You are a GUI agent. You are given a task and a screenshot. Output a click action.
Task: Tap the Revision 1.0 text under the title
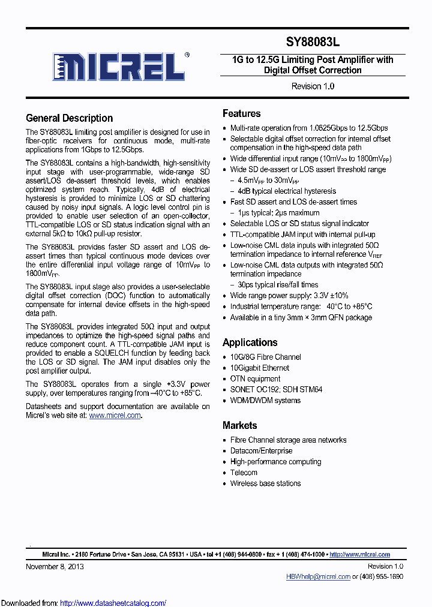point(313,86)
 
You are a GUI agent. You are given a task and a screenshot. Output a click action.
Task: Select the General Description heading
point(70,118)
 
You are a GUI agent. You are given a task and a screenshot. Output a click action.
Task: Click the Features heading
point(242,113)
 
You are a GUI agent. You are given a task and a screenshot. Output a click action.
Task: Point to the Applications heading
point(250,342)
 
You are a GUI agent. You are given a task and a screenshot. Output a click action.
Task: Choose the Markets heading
point(240,425)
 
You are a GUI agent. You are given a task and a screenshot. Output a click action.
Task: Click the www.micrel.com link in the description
point(115,415)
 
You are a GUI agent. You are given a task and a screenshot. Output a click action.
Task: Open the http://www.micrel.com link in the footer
point(360,555)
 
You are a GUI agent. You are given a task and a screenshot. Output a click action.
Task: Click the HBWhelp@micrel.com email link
point(318,576)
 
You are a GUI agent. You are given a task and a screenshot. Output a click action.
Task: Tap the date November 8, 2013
point(55,566)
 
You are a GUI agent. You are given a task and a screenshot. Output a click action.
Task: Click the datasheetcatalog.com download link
point(113,603)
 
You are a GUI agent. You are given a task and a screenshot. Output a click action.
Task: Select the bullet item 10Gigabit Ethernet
point(260,368)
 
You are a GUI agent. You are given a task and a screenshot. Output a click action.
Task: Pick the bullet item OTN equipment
point(256,378)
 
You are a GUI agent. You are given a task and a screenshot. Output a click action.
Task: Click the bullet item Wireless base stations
point(266,483)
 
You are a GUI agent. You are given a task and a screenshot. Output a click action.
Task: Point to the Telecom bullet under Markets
point(244,473)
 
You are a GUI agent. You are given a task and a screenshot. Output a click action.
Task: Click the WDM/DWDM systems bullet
point(266,400)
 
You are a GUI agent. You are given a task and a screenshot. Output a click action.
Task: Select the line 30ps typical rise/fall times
point(278,285)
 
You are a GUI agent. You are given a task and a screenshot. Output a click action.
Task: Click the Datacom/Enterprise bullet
point(262,450)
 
